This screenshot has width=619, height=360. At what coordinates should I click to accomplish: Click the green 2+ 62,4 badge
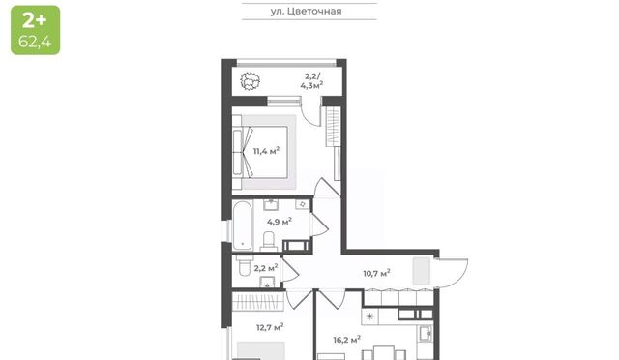[36, 30]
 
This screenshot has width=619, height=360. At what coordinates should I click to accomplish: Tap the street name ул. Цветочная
[306, 11]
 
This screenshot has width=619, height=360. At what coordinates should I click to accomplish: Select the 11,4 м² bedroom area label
[267, 151]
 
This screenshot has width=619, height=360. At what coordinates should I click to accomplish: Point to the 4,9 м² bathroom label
[280, 222]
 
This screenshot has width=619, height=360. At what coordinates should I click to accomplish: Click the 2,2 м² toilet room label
[266, 268]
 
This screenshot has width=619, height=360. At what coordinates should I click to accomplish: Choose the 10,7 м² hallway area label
[376, 273]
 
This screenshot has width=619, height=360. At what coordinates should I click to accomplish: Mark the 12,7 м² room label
[270, 327]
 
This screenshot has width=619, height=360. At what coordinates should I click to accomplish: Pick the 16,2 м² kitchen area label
[346, 340]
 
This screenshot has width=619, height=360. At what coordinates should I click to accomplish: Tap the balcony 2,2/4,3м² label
[311, 81]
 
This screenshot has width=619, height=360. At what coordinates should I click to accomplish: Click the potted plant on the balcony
[251, 82]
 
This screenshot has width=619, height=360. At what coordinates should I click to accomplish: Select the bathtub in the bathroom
[243, 225]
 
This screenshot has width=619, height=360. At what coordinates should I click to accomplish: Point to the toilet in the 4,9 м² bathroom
[269, 241]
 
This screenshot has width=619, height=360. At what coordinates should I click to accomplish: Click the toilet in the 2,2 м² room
[245, 265]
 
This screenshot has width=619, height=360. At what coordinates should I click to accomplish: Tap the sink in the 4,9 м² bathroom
[271, 204]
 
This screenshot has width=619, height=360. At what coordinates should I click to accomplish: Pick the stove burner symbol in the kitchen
[370, 316]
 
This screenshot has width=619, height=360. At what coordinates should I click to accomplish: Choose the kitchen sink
[426, 333]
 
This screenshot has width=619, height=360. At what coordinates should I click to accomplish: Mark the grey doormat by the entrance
[422, 271]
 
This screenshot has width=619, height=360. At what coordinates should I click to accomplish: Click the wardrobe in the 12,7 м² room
[258, 301]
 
